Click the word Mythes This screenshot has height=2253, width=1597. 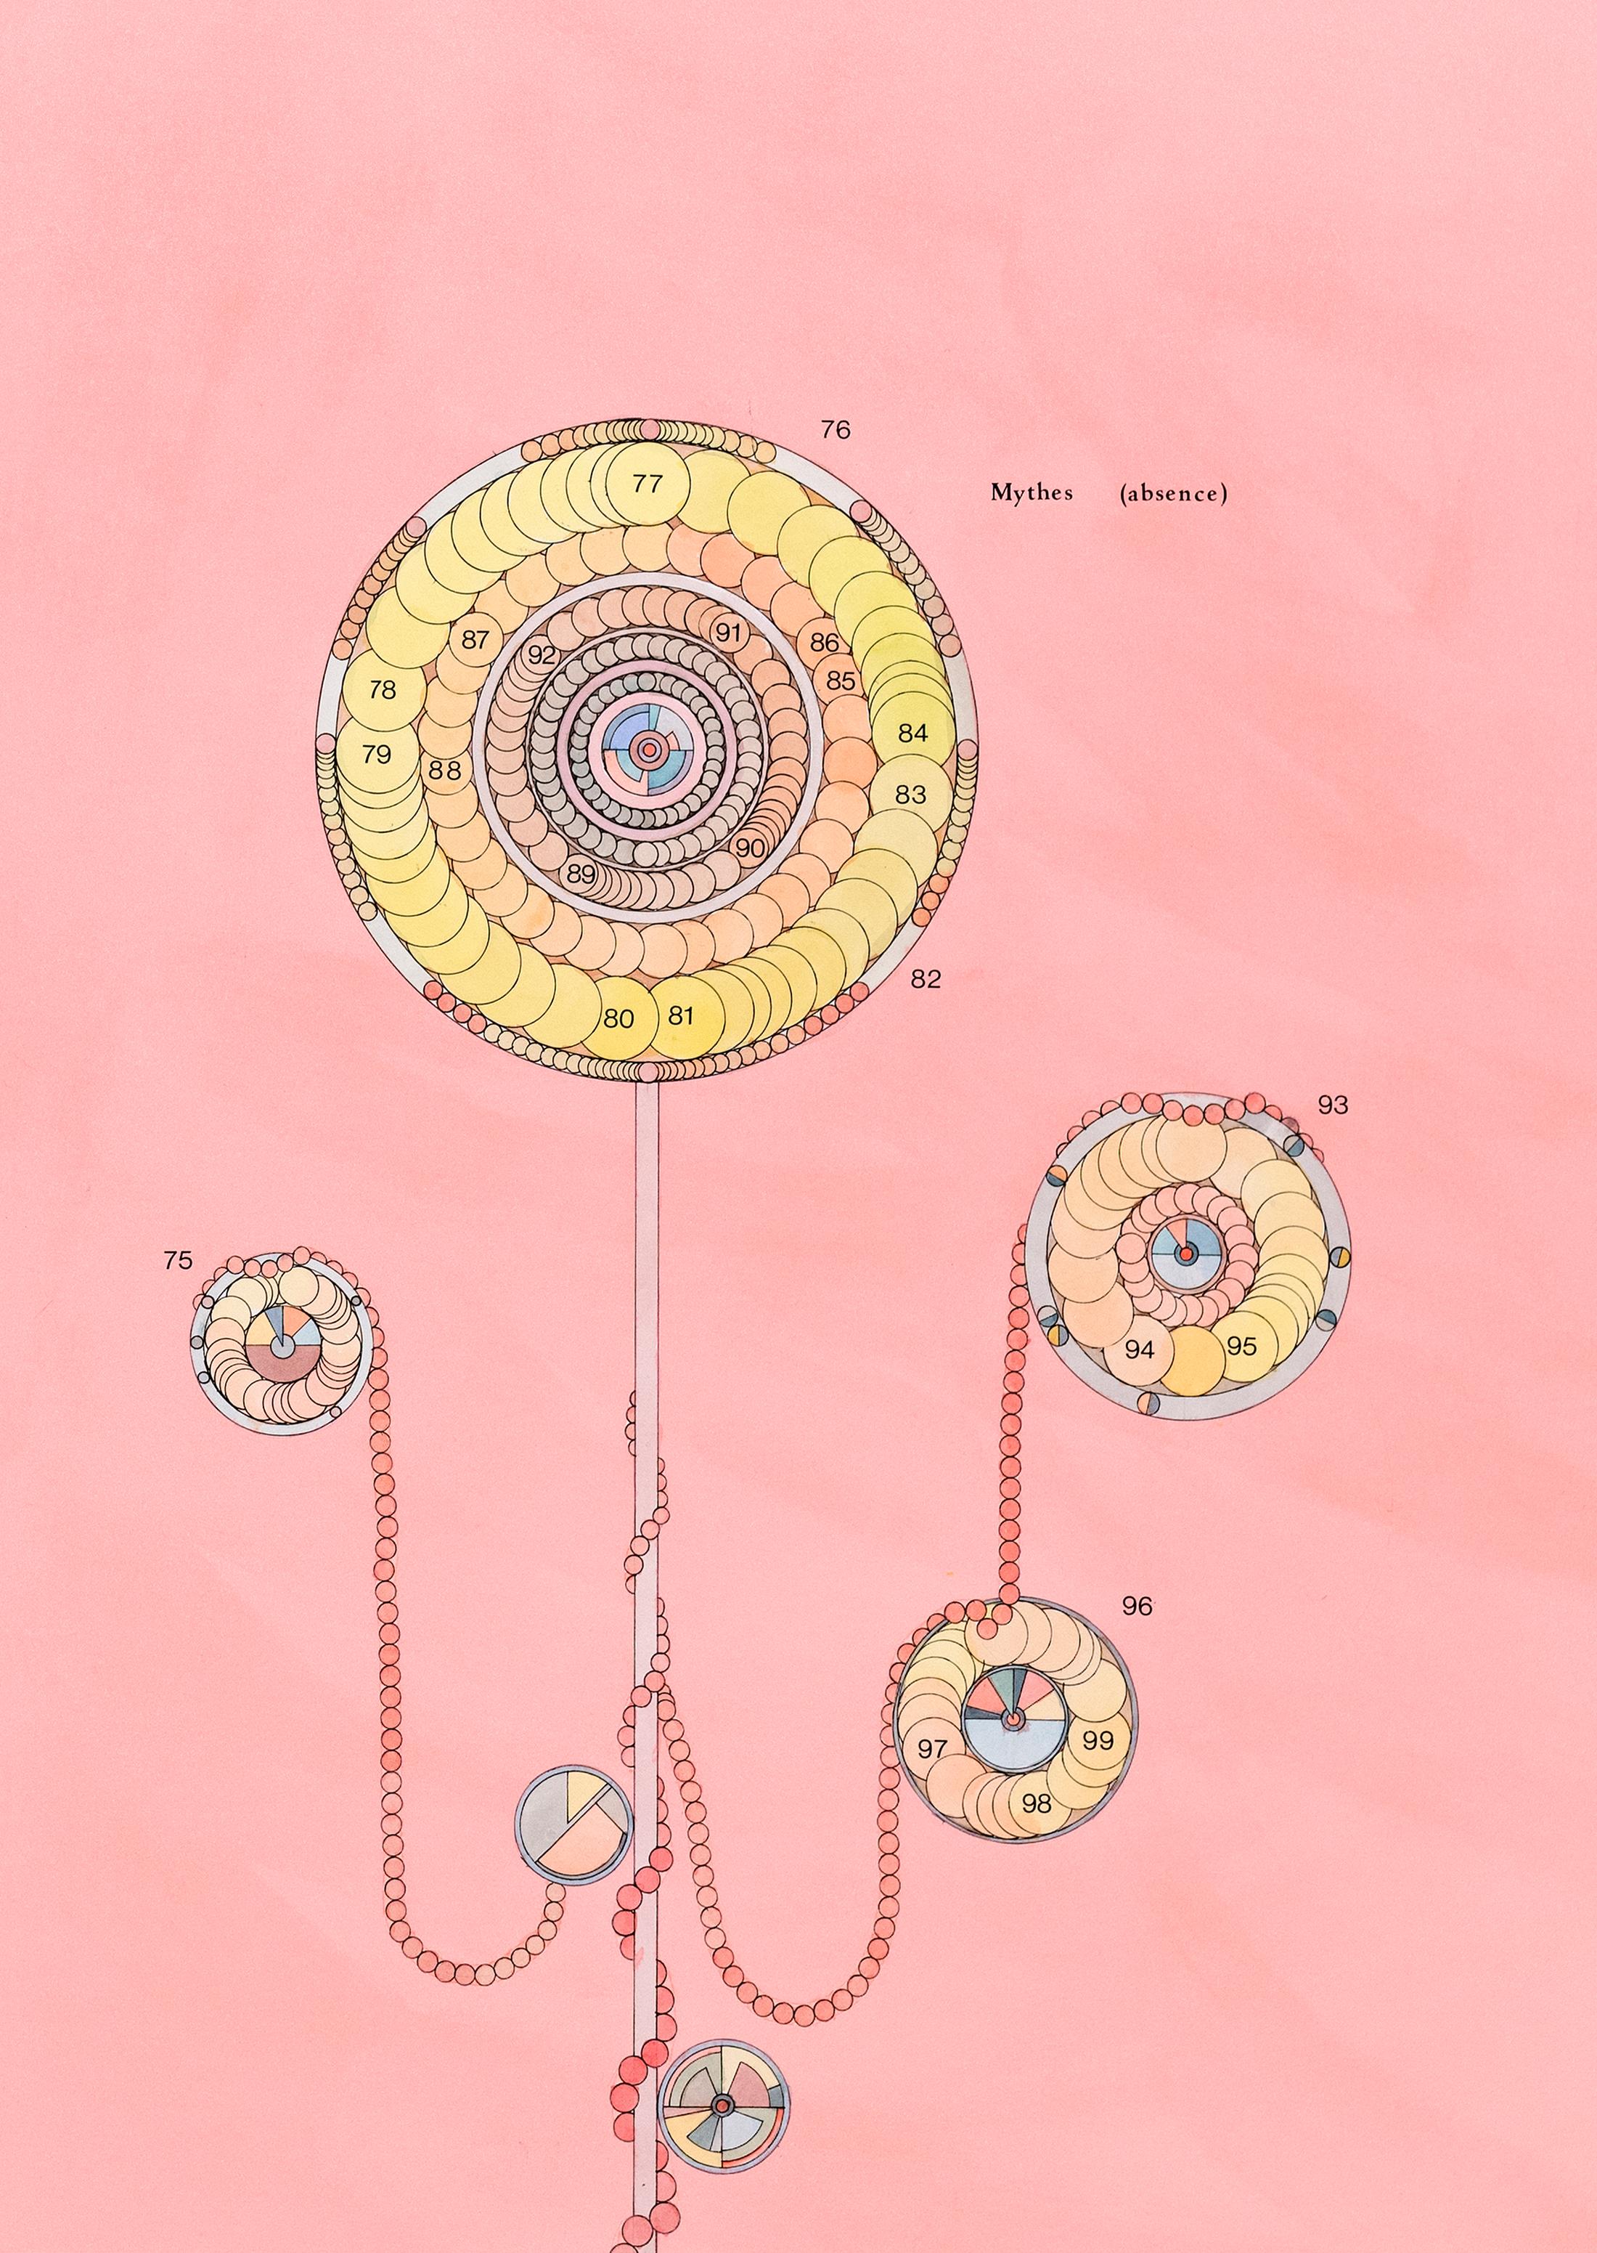point(1031,493)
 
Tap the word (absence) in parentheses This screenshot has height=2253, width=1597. point(1173,494)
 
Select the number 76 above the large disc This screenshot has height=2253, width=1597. point(835,430)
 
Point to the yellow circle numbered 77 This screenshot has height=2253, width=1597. point(647,483)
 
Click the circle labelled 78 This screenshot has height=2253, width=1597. point(383,690)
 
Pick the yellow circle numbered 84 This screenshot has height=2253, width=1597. point(912,733)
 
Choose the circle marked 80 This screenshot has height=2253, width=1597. point(618,1018)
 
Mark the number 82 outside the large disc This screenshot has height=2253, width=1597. point(926,979)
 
